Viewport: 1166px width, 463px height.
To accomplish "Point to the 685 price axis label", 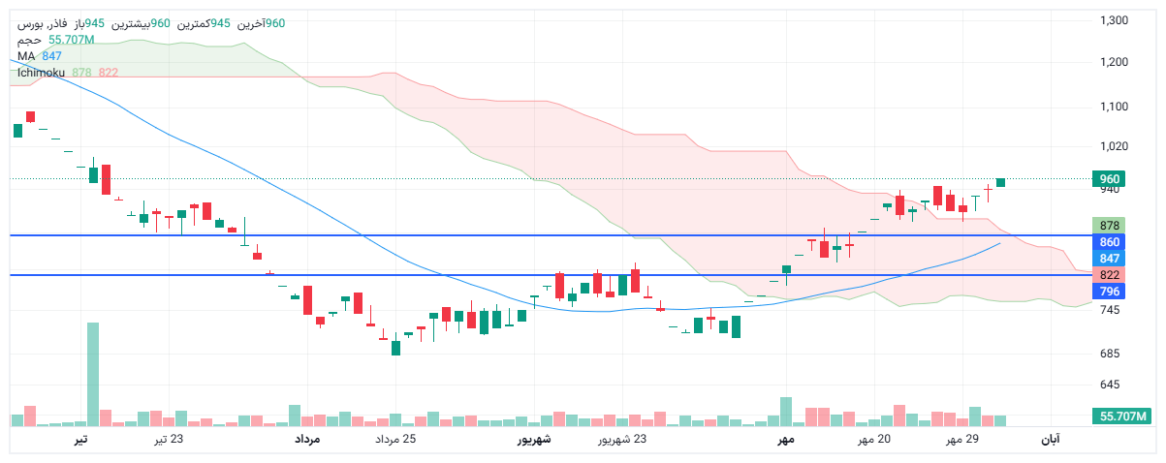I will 1110,353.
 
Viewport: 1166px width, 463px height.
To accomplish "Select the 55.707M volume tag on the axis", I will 1122,417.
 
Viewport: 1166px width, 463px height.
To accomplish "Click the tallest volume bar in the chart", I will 93,373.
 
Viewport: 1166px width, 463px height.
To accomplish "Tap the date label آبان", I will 1050,440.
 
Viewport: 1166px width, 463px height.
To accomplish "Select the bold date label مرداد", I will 306,440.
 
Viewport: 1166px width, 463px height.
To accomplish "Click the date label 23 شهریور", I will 621,440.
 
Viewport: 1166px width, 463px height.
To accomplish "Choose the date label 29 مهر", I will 962,440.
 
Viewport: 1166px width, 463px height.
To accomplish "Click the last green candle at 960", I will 1000,182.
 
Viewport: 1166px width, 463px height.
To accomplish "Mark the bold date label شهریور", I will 533,440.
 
